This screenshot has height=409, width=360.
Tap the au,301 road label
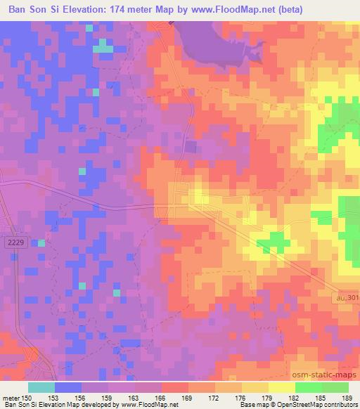coord(345,298)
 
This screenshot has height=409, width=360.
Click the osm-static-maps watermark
coord(323,372)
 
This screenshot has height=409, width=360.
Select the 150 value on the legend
coord(27,397)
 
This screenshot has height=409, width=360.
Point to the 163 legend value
coord(134,397)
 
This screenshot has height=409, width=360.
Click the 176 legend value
coord(240,397)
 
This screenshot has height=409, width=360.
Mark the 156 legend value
coord(82,397)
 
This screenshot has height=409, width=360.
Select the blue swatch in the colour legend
coord(68,387)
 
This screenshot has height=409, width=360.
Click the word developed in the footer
coord(92,405)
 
